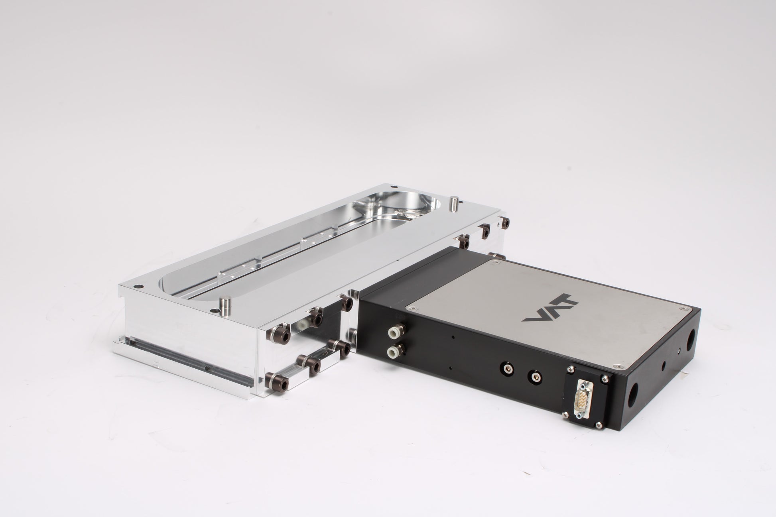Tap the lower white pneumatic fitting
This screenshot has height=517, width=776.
coord(394,351)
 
